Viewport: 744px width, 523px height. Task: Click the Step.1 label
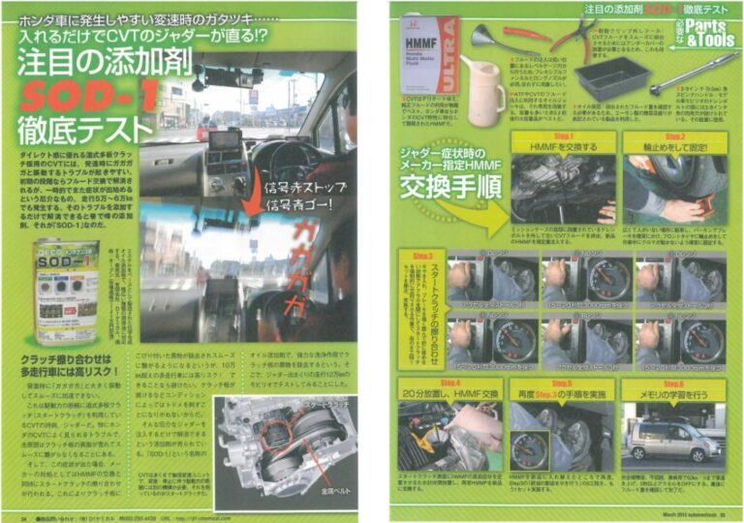563,138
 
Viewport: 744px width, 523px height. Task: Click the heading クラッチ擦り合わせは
73,359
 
